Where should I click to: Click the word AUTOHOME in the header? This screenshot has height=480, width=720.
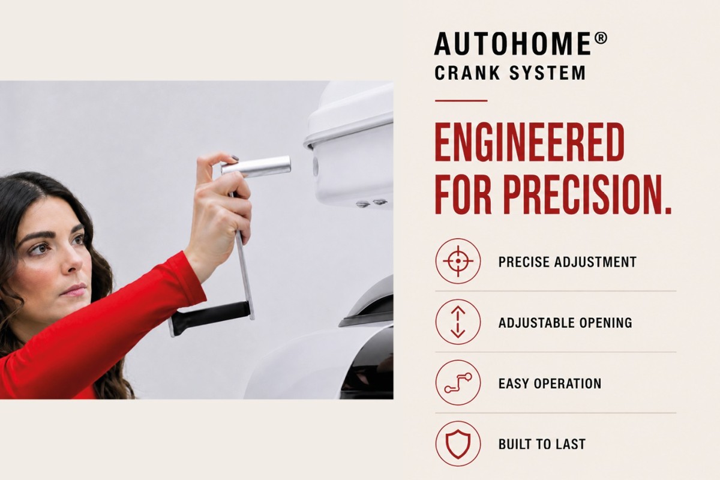pyautogui.click(x=512, y=43)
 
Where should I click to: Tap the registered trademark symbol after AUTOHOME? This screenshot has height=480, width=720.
pyautogui.click(x=601, y=38)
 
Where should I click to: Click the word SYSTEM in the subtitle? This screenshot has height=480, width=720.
pyautogui.click(x=548, y=73)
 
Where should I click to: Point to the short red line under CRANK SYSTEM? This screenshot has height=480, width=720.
pyautogui.click(x=461, y=101)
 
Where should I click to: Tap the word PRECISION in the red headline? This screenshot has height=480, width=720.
pyautogui.click(x=587, y=195)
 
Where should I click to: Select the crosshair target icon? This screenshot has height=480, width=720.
pyautogui.click(x=458, y=261)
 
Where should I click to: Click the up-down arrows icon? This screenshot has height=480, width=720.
pyautogui.click(x=458, y=322)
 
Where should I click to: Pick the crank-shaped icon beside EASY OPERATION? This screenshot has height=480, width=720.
pyautogui.click(x=458, y=383)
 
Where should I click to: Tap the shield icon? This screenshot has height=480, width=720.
pyautogui.click(x=458, y=443)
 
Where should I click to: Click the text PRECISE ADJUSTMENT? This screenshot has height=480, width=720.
pyautogui.click(x=568, y=262)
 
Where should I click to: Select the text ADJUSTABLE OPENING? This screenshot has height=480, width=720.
pyautogui.click(x=565, y=322)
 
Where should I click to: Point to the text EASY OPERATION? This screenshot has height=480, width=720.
pyautogui.click(x=550, y=383)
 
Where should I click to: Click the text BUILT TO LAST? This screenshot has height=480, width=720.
pyautogui.click(x=542, y=444)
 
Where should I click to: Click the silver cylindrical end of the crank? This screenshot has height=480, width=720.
pyautogui.click(x=256, y=166)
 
